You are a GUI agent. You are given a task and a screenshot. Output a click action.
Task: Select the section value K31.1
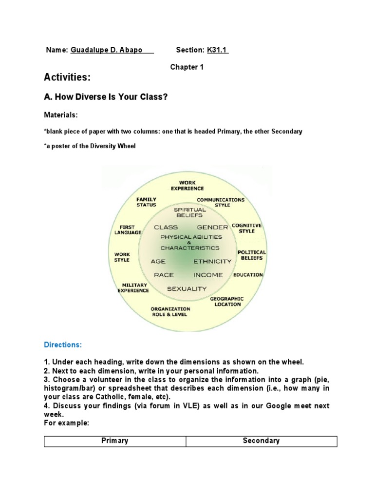[218, 50]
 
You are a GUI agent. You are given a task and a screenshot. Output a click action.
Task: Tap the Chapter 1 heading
[187, 67]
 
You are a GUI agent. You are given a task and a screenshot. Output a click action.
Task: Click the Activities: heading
[67, 78]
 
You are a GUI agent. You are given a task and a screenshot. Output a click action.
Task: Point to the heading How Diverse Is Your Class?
[106, 97]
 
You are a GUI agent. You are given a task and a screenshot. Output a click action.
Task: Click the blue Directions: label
[63, 345]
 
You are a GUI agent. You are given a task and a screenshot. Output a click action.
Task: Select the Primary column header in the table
[115, 441]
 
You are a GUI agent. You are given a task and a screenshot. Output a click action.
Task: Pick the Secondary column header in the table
[261, 441]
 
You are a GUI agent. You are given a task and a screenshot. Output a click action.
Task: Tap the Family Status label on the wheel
[146, 202]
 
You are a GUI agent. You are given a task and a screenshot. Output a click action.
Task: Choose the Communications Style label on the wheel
[221, 202]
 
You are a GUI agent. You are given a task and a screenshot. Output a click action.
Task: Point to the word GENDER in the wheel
[212, 227]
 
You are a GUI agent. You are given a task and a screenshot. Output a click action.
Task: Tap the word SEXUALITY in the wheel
[187, 288]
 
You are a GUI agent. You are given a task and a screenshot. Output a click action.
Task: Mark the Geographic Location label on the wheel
[227, 302]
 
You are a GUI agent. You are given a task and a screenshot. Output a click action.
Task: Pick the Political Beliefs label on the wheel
[251, 255]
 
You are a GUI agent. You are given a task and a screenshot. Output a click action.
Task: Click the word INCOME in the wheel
[208, 275]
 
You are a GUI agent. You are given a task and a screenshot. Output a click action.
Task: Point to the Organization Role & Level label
[170, 312]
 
